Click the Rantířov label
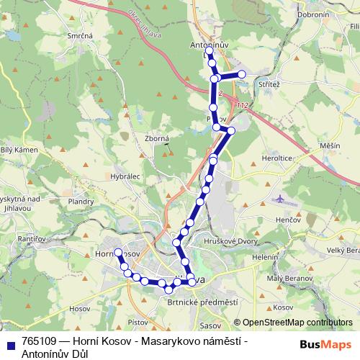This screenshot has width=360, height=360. tap(32, 238)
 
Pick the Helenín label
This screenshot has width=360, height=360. tap(265, 257)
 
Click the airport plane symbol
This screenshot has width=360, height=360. tap(279, 197)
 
